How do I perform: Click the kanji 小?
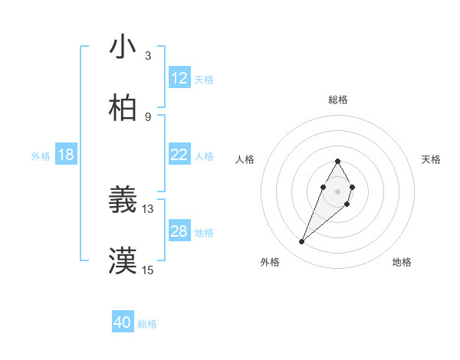[123, 47]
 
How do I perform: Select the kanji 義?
[123, 200]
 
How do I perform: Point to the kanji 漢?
[123, 261]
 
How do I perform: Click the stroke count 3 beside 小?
[148, 56]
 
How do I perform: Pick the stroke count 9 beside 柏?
[148, 117]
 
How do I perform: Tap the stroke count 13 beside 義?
[148, 208]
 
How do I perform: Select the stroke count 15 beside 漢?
[148, 270]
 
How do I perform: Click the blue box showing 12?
[179, 78]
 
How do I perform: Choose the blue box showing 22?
[179, 155]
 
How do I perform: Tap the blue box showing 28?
[179, 231]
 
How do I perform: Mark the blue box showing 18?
[66, 155]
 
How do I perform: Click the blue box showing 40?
[123, 322]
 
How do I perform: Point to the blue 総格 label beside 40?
[147, 324]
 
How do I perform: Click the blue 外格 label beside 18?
[41, 156]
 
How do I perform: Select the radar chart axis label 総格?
[337, 100]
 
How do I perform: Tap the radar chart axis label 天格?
[432, 159]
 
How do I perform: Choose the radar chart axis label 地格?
[402, 262]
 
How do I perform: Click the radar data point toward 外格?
[302, 242]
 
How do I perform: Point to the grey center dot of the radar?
[337, 191]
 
